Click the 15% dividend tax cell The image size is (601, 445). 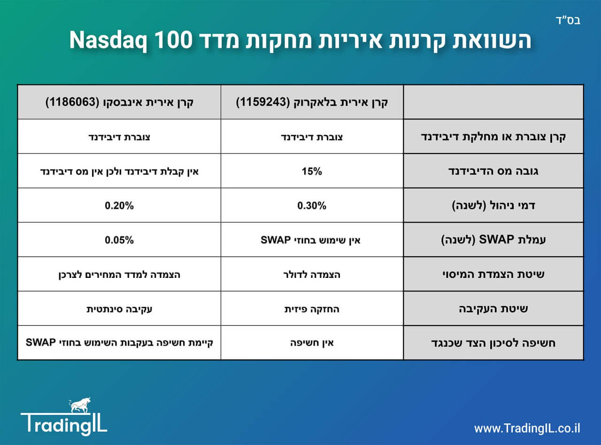click(x=312, y=171)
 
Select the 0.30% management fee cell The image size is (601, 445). click(x=312, y=206)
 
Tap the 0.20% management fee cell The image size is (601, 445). click(x=119, y=206)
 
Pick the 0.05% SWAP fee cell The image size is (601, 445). click(x=119, y=240)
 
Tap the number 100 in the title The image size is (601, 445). click(x=174, y=40)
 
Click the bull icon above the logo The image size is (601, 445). click(x=79, y=405)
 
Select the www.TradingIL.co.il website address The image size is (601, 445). click(x=527, y=429)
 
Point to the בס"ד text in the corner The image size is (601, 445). click(x=569, y=21)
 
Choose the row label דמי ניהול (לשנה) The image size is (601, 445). click(x=493, y=206)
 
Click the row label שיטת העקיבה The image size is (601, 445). click(x=493, y=309)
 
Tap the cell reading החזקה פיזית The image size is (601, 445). click(x=312, y=309)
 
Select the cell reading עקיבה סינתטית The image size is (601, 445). click(x=119, y=309)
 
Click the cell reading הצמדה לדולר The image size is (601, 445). click(x=312, y=275)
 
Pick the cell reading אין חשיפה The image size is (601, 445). click(x=312, y=343)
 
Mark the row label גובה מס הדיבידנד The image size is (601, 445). click(x=493, y=171)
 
